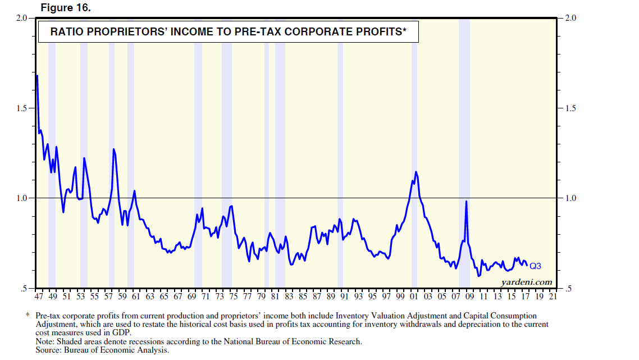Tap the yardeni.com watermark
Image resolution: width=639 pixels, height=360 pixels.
527,282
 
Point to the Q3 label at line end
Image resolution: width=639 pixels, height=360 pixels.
535,266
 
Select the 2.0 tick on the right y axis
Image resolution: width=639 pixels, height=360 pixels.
570,19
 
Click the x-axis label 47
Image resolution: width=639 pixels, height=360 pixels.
39,296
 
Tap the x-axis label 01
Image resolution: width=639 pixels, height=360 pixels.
414,296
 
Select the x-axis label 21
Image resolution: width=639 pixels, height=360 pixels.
553,296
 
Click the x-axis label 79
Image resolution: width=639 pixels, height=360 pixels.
261,296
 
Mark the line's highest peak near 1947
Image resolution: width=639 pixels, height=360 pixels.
37,76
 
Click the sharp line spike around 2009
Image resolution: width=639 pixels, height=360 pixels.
466,202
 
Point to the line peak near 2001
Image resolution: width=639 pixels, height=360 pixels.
416,172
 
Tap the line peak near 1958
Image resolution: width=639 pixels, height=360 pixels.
113,149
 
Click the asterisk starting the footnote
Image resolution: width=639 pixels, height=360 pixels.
28,317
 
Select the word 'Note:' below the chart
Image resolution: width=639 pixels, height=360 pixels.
46,341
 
